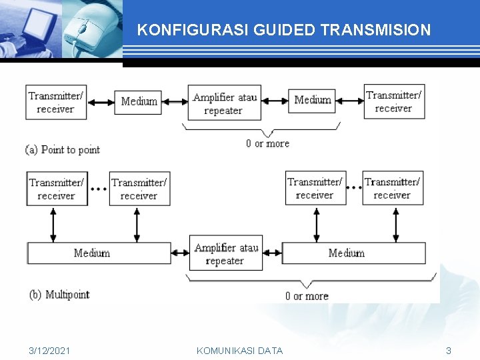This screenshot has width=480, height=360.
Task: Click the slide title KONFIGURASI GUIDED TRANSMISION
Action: (x=283, y=30)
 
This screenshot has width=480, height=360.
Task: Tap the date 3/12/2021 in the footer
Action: (x=50, y=351)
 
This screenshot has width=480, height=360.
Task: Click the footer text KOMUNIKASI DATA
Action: (x=240, y=351)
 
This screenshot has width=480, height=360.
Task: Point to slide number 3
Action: (x=449, y=351)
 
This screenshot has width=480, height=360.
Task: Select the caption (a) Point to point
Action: (x=63, y=149)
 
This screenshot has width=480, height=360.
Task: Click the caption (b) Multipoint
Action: (x=59, y=295)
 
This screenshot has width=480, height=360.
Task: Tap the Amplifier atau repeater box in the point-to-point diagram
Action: (x=224, y=103)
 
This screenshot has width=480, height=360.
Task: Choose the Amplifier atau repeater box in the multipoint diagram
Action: (x=226, y=253)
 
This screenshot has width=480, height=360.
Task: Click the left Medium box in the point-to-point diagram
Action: (x=139, y=101)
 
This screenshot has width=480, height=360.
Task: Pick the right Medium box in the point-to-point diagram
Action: (x=313, y=100)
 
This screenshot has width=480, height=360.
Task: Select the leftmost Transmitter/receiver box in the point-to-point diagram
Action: (x=56, y=102)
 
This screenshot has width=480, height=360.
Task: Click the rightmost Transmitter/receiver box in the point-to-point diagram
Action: (x=394, y=101)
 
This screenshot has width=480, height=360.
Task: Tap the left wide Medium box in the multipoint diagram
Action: (x=99, y=253)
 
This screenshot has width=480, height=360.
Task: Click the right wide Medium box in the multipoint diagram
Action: (x=353, y=253)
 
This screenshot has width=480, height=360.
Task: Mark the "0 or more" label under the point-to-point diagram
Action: (x=267, y=143)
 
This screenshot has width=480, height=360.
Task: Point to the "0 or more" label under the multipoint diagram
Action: (x=307, y=296)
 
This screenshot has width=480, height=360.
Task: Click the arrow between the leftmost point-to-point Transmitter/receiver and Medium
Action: (x=100, y=102)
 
